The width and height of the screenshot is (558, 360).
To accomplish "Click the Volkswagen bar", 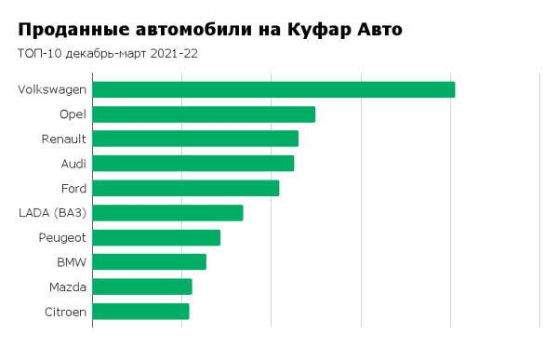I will (273, 89).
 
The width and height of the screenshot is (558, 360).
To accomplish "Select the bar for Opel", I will (204, 114).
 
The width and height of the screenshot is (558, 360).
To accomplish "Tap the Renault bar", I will (195, 139).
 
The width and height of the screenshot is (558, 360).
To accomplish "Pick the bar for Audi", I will (193, 164).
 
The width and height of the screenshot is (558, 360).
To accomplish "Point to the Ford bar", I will (186, 188).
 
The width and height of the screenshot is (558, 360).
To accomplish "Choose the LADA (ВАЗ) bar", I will (167, 213).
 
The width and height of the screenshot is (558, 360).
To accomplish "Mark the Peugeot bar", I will (156, 237).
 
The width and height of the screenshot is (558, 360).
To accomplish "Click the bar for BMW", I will (149, 262).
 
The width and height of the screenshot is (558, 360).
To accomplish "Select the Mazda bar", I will (142, 287).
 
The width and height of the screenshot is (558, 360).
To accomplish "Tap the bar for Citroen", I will (140, 312).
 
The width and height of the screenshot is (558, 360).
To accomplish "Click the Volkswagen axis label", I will (52, 89).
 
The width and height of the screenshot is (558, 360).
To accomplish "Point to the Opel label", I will (73, 114).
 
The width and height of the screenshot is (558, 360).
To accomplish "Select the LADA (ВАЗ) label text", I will (53, 213).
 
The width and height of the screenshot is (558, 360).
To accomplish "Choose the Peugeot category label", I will (62, 237).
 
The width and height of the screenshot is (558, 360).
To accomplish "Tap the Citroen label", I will (65, 312).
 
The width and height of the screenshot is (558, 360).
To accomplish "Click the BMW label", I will (72, 262).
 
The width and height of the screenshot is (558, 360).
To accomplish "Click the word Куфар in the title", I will (312, 30).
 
